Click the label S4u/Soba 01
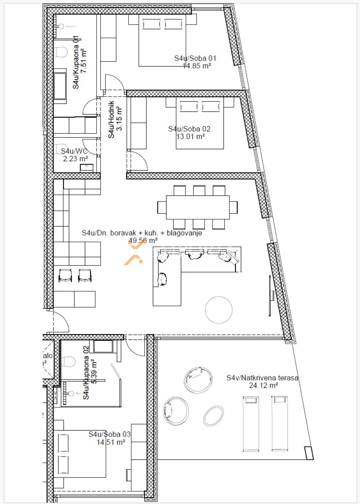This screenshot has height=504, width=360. click(195, 58)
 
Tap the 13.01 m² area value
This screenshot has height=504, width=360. click(190, 136)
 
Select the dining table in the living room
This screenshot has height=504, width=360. click(198, 207)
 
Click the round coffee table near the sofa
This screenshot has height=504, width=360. click(219, 310)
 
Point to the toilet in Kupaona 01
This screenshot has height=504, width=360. click(61, 52)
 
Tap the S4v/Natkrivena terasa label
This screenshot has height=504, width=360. click(262, 378)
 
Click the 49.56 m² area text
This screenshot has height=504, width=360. click(143, 240)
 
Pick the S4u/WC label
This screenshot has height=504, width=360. click(74, 151)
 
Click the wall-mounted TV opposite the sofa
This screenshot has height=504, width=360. click(271, 295)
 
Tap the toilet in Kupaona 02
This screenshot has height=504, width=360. click(68, 361)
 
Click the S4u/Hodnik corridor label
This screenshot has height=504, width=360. click(111, 119)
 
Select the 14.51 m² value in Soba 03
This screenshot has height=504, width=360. click(111, 442)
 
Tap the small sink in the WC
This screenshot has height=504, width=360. click(86, 167)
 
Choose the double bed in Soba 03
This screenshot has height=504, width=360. click(80, 454)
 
